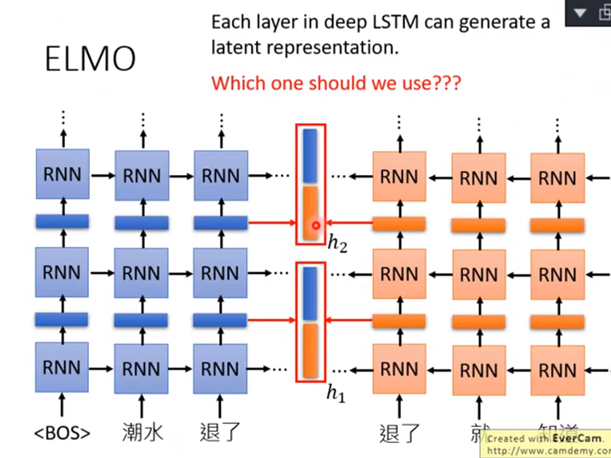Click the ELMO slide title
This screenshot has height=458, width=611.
tap(90, 58)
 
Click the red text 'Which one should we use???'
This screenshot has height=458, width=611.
tap(336, 83)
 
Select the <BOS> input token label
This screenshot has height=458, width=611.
tap(62, 434)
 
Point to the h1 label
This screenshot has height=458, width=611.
tap(336, 393)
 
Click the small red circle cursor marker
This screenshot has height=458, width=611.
tap(316, 226)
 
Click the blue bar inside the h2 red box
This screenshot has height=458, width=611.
tap(310, 156)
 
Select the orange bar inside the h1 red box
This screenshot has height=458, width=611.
tap(310, 350)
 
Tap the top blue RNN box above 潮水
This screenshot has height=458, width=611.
tap(142, 176)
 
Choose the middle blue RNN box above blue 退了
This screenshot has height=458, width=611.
tap(220, 273)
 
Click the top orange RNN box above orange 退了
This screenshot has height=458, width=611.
tap(399, 177)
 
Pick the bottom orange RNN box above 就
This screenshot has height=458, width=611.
tap(478, 370)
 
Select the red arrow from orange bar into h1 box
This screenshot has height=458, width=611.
tap(349, 319)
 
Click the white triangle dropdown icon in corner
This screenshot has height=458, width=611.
tap(580, 13)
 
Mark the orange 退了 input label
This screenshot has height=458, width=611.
tap(399, 434)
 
